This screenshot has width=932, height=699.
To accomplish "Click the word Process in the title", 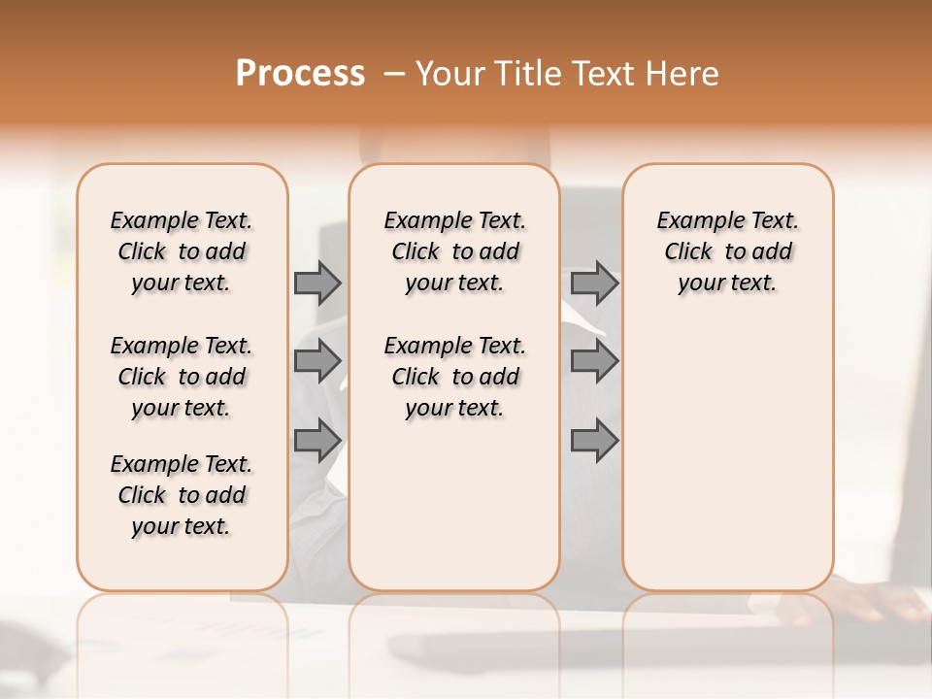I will pyautogui.click(x=300, y=74).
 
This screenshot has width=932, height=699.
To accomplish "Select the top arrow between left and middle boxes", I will pyautogui.click(x=317, y=283).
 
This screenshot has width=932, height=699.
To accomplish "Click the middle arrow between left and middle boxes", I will pyautogui.click(x=317, y=361).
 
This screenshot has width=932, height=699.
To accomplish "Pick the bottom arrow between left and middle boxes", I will pyautogui.click(x=317, y=440).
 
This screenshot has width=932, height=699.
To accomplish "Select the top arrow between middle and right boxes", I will pyautogui.click(x=594, y=283).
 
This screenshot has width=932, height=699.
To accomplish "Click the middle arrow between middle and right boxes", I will pyautogui.click(x=594, y=361).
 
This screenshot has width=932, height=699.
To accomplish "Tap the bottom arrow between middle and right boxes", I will pyautogui.click(x=594, y=440).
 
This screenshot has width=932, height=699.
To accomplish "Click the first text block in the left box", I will pyautogui.click(x=182, y=251).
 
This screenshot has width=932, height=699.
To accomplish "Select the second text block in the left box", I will pyautogui.click(x=182, y=377).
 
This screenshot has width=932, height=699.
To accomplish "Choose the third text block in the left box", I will pyautogui.click(x=182, y=495).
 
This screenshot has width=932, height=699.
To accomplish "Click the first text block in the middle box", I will pyautogui.click(x=454, y=251).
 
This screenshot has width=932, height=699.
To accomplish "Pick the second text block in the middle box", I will pyautogui.click(x=454, y=377).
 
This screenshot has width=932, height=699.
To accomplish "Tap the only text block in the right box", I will pyautogui.click(x=727, y=251).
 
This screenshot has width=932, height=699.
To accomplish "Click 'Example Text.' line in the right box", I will pyautogui.click(x=727, y=220).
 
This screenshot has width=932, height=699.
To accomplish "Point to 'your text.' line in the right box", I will pyautogui.click(x=727, y=283).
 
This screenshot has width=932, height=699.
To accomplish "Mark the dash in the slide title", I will pyautogui.click(x=393, y=74).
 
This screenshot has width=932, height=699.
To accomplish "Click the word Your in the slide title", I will pyautogui.click(x=448, y=74).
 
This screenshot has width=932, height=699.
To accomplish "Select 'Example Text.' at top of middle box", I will pyautogui.click(x=454, y=220).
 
